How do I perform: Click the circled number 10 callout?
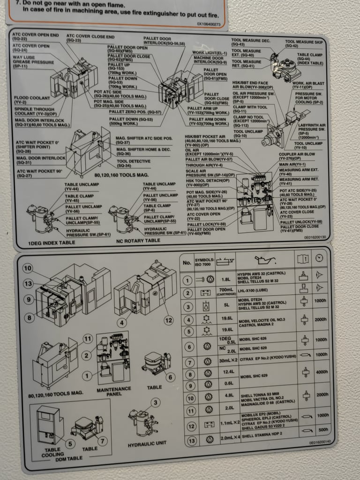pos(28,269)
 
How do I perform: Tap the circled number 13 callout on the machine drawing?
pos(29,284)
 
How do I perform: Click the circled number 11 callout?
pos(87,339)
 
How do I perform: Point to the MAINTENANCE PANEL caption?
pos(113,391)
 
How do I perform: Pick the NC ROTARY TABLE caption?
pos(138,240)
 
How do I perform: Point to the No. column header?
pos(187,263)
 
